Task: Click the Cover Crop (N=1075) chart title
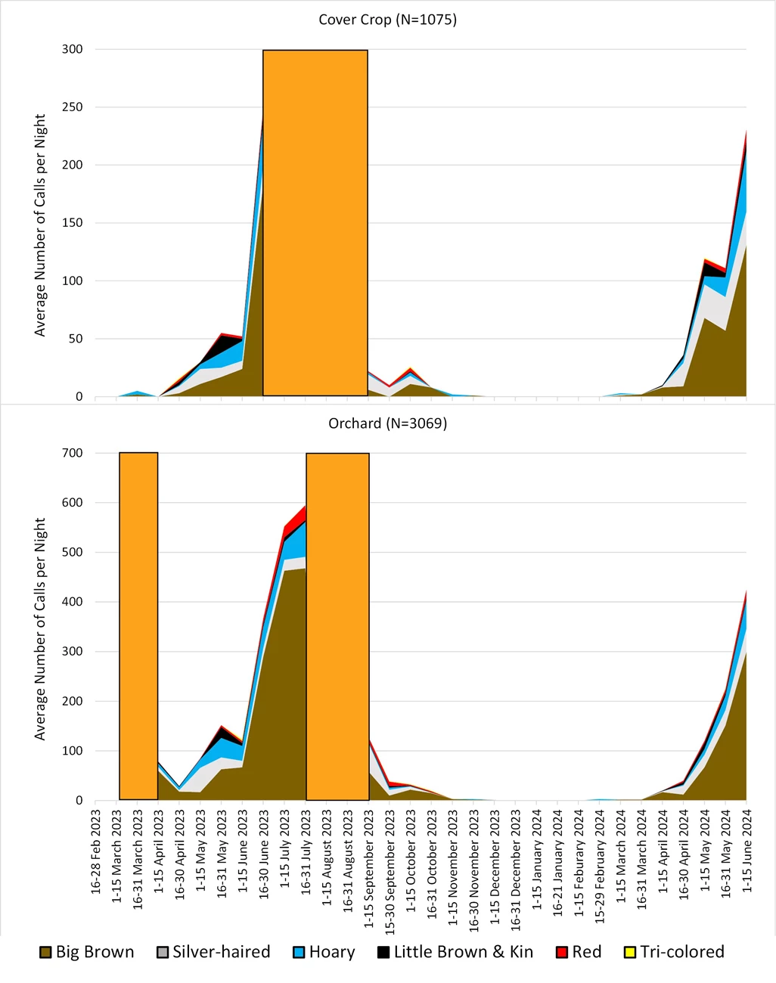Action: point(387,20)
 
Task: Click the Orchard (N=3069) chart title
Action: point(387,423)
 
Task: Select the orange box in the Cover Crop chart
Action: point(315,223)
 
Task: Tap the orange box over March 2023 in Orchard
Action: point(138,626)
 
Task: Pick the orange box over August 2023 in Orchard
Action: point(337,626)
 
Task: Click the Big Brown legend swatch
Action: point(46,952)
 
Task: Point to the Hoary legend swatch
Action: point(299,952)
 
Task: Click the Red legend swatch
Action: point(562,952)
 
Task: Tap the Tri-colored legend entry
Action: point(673,952)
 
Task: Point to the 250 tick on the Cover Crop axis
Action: point(73,107)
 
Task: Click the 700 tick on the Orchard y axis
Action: point(73,453)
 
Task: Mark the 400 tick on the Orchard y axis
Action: point(73,602)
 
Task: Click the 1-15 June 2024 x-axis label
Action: point(747,851)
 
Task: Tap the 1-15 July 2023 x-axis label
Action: point(285,851)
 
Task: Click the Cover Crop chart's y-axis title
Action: point(40,225)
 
